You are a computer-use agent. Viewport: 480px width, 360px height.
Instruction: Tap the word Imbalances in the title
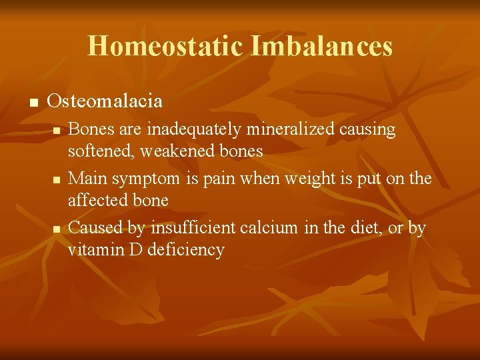pyautogui.click(x=322, y=46)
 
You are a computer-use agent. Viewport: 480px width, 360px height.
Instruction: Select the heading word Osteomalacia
pyautogui.click(x=105, y=101)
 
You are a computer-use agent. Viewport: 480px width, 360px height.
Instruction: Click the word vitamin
pyautogui.click(x=91, y=250)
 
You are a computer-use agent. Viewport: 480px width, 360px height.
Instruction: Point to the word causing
pyautogui.click(x=367, y=129)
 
